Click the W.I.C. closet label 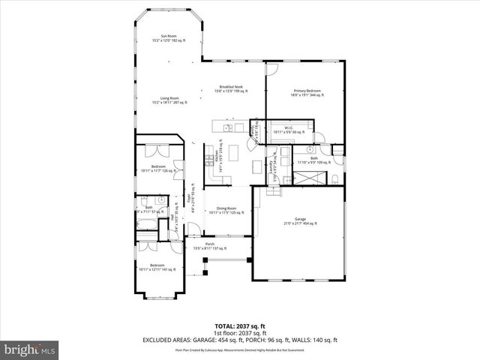point(287,129)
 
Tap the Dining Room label point(226,210)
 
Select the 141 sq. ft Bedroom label point(157,267)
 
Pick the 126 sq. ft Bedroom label point(157,168)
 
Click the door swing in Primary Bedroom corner point(272,69)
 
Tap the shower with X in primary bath point(304,178)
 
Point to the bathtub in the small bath point(146,226)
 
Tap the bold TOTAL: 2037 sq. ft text point(240,326)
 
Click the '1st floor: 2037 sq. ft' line point(240,333)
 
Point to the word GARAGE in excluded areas point(207,340)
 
